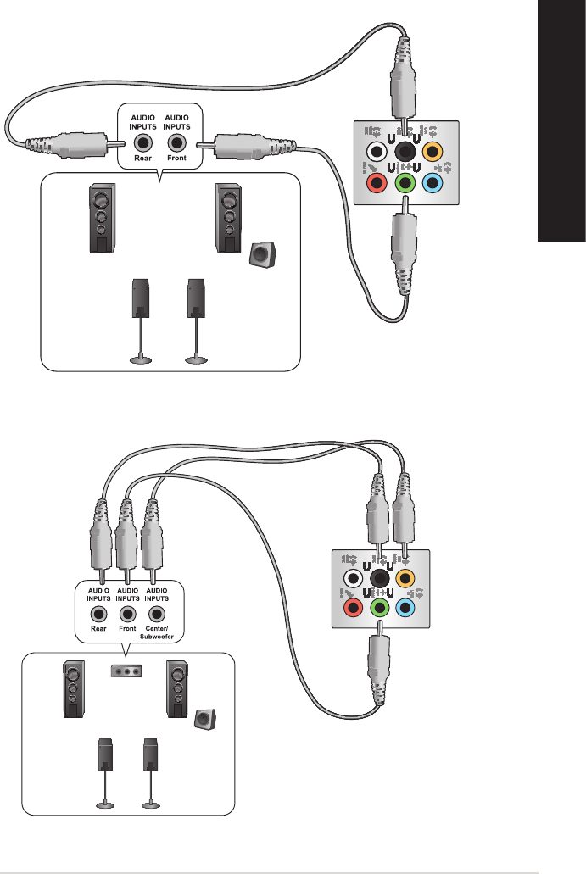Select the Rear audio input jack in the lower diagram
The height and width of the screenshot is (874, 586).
(100, 613)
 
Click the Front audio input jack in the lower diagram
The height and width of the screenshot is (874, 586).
(128, 613)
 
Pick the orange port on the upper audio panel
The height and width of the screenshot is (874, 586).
(433, 153)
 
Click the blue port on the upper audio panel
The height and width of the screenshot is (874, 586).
(433, 181)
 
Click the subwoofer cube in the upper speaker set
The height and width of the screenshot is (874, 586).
(263, 254)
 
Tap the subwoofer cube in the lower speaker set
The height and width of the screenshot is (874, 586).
(204, 720)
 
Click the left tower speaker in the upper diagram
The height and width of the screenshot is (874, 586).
(101, 220)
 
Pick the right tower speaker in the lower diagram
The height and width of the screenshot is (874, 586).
(178, 688)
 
